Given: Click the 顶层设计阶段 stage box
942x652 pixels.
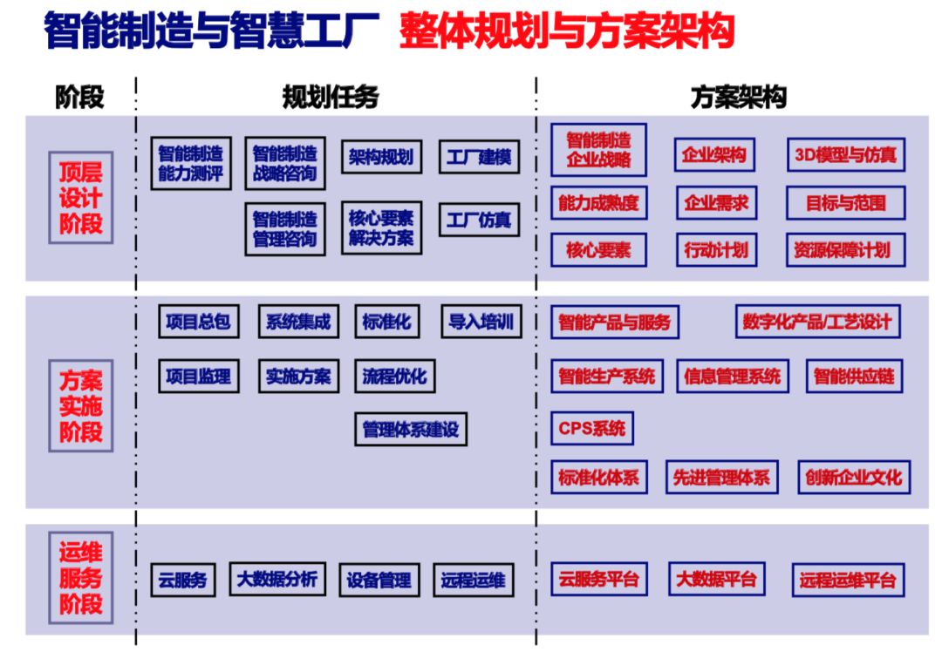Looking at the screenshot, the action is [80, 197].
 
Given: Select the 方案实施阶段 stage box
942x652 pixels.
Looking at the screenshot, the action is [80, 405].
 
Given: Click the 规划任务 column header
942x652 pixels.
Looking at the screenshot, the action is [331, 97].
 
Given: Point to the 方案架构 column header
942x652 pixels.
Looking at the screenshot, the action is [738, 97].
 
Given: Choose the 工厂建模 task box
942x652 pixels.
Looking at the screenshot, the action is [478, 157].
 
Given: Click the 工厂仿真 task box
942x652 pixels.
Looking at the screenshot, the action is [478, 219].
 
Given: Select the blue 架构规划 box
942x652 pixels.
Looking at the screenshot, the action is [380, 157].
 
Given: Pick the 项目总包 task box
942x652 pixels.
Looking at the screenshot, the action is [198, 322].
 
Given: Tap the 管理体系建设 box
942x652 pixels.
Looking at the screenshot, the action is [410, 429].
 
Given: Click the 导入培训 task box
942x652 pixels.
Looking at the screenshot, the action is [481, 322].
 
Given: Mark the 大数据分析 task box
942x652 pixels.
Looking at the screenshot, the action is [277, 578].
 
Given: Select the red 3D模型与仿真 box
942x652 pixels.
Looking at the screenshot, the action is [845, 155].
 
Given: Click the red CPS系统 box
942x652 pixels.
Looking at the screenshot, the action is [592, 428].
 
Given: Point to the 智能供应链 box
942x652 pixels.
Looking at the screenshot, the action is [853, 377].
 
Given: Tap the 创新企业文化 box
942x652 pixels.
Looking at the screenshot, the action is [853, 477].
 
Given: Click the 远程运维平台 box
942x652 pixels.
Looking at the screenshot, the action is [848, 580].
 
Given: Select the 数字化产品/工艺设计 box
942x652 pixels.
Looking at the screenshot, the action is [817, 322].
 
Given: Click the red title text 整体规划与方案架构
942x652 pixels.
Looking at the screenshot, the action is [566, 32].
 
